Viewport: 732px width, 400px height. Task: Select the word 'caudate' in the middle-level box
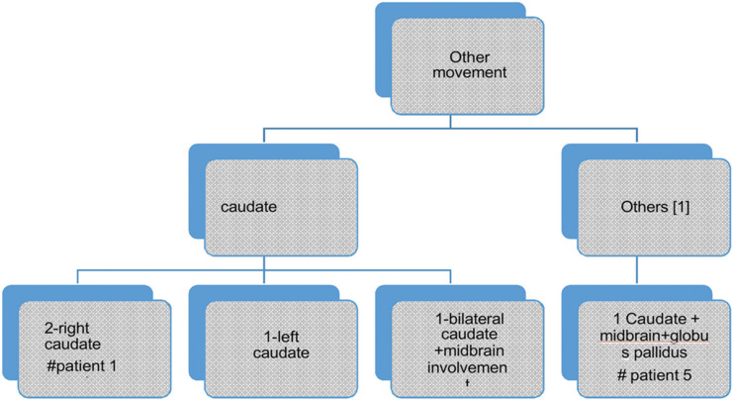(x=248, y=209)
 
